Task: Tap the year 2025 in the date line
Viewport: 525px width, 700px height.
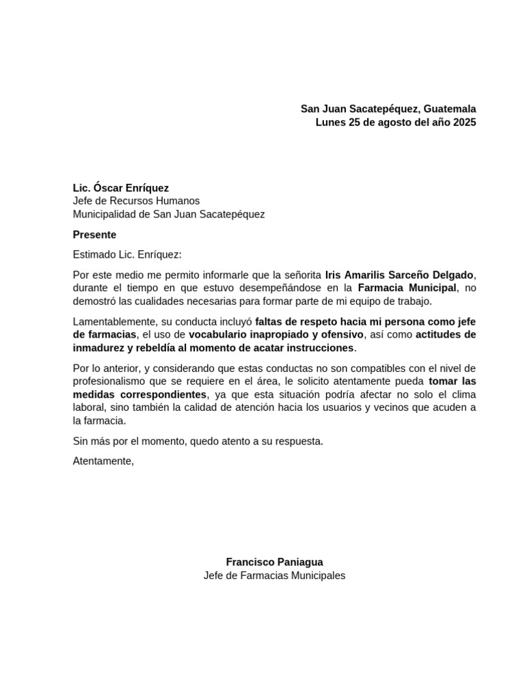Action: point(463,122)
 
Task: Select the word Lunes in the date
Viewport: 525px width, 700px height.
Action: point(330,122)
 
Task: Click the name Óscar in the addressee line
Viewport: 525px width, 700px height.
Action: point(106,187)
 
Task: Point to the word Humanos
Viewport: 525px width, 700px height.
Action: point(180,200)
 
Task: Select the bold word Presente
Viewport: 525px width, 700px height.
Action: point(94,234)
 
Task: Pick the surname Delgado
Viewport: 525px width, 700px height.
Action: point(448,275)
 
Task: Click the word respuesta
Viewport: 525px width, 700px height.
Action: point(297,441)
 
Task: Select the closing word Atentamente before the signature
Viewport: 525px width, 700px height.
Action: point(103,461)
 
